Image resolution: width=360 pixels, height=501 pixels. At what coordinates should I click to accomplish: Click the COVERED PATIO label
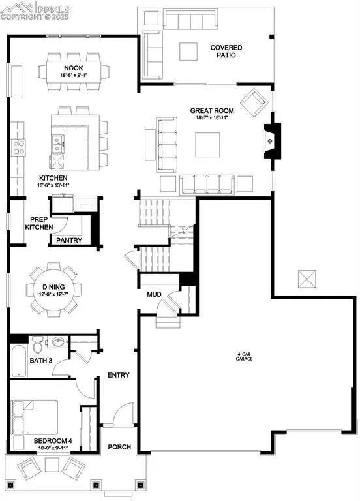226,52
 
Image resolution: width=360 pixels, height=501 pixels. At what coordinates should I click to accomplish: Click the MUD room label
154,295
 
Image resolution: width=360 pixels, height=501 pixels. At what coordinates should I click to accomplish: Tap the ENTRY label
119,375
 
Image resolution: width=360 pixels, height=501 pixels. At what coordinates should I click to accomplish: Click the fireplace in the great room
270,139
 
